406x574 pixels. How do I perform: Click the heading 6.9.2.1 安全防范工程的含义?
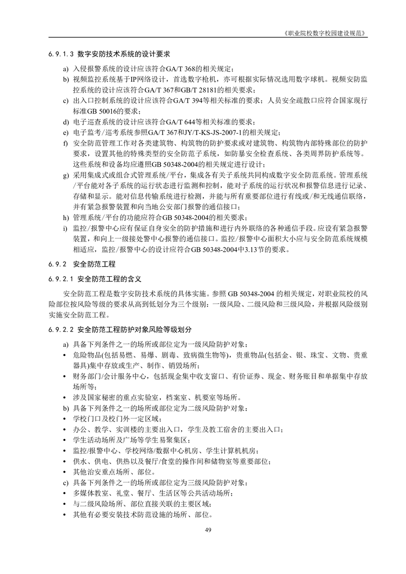95,280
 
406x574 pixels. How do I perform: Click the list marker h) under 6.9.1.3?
66,217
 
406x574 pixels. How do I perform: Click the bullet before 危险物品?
66,355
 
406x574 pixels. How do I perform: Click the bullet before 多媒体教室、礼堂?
66,493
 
